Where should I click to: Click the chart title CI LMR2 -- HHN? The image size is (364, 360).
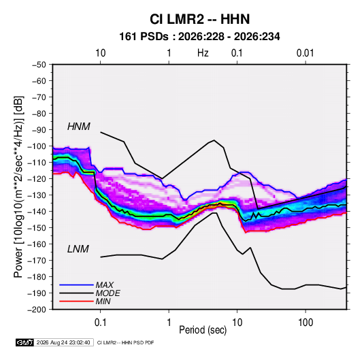tap(199, 19)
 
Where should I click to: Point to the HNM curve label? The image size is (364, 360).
tap(79, 127)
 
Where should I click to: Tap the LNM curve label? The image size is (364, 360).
tap(78, 249)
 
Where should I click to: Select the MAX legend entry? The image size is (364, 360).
tap(105, 284)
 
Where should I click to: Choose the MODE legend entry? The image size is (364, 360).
tap(107, 293)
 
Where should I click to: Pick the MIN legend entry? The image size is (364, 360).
tap(103, 301)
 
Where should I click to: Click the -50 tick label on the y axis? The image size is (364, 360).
tap(39, 65)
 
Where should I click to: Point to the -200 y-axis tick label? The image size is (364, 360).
tap(37, 310)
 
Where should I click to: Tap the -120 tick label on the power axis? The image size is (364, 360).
tap(37, 179)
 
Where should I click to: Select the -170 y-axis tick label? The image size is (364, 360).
tap(37, 261)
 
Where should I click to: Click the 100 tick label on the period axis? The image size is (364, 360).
tap(305, 323)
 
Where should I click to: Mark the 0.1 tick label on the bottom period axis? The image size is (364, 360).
tap(100, 323)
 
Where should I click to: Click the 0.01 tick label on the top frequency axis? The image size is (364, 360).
tap(305, 53)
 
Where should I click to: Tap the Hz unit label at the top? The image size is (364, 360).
tap(203, 53)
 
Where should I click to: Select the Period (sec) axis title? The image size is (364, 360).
tap(203, 330)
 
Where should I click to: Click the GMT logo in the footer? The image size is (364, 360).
tap(24, 342)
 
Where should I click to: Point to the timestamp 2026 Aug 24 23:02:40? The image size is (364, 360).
tap(63, 342)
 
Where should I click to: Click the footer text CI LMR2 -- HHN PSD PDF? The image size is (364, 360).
tap(125, 342)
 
